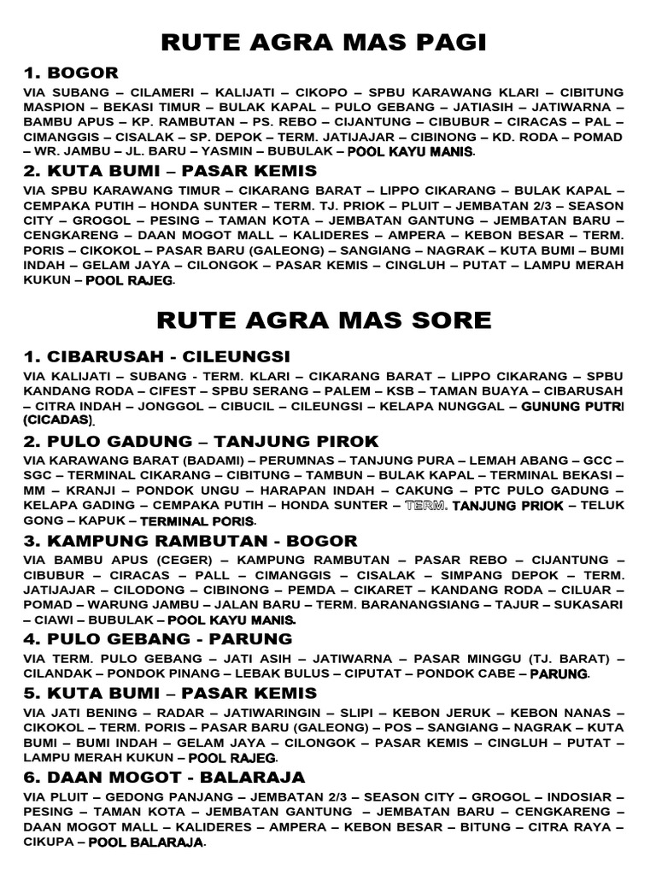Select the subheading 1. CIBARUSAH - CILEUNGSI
156,355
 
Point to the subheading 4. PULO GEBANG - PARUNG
157,638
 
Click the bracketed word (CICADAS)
57,421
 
